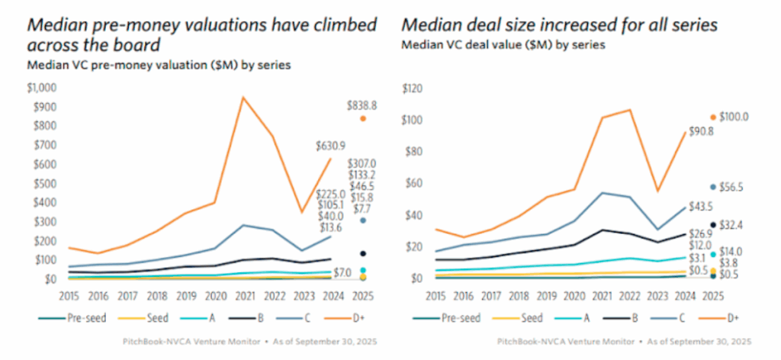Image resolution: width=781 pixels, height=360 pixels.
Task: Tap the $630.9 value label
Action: [x=329, y=145]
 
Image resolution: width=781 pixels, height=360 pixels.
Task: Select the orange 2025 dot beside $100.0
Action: [x=713, y=117]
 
